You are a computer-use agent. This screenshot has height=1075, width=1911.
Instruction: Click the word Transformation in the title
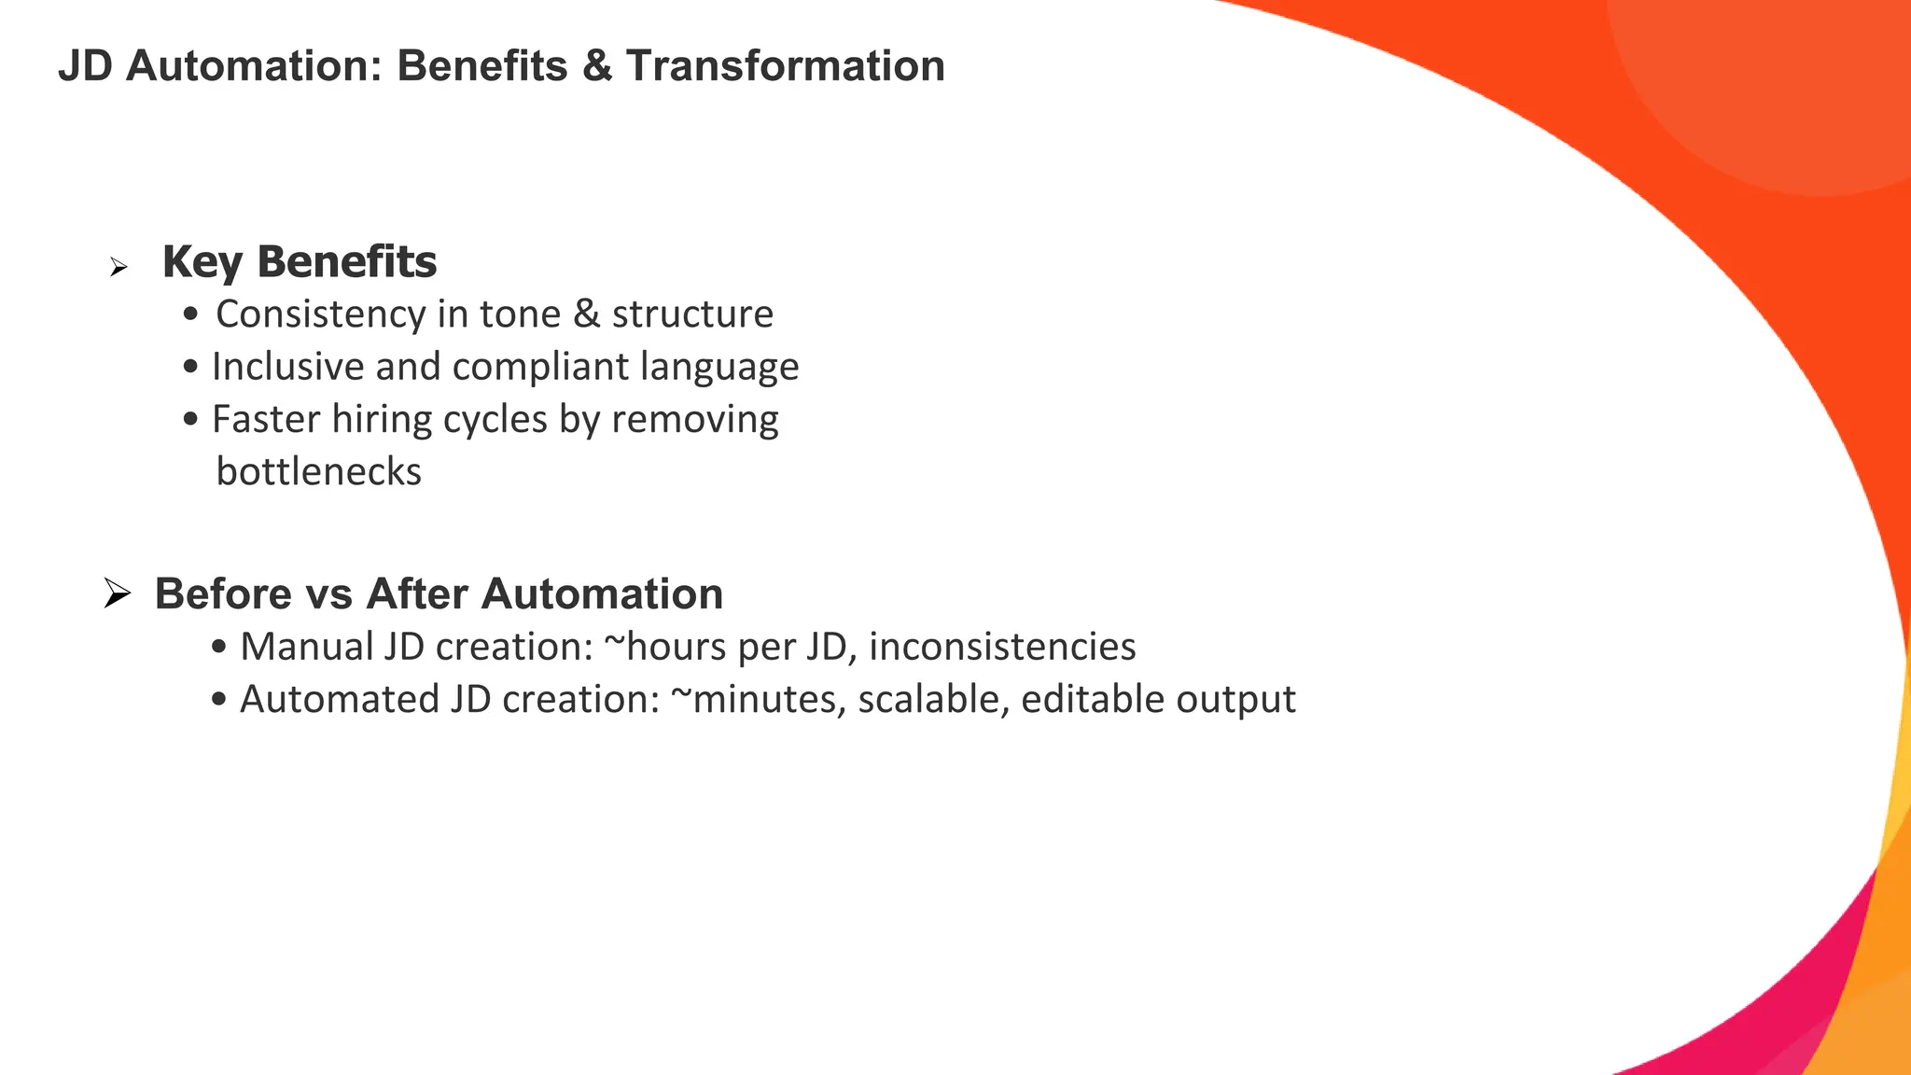[785, 66]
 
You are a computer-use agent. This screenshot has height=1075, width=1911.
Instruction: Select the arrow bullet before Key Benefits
[118, 269]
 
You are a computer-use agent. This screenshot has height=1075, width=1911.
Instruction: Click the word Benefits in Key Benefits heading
[346, 261]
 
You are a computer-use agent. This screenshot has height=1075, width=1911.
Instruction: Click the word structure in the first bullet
[692, 314]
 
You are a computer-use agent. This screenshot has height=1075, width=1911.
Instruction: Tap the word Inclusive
[287, 367]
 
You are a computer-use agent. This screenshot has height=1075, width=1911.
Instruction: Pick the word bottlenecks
[318, 471]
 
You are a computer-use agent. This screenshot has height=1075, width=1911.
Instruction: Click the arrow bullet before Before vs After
[117, 593]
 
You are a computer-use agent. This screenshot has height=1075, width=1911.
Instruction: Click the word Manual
[307, 647]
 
